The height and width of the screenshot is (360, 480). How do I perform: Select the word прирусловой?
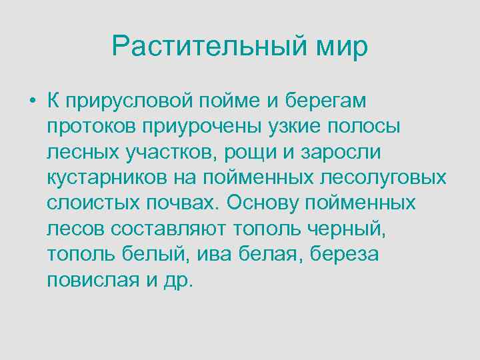tap(130, 102)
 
